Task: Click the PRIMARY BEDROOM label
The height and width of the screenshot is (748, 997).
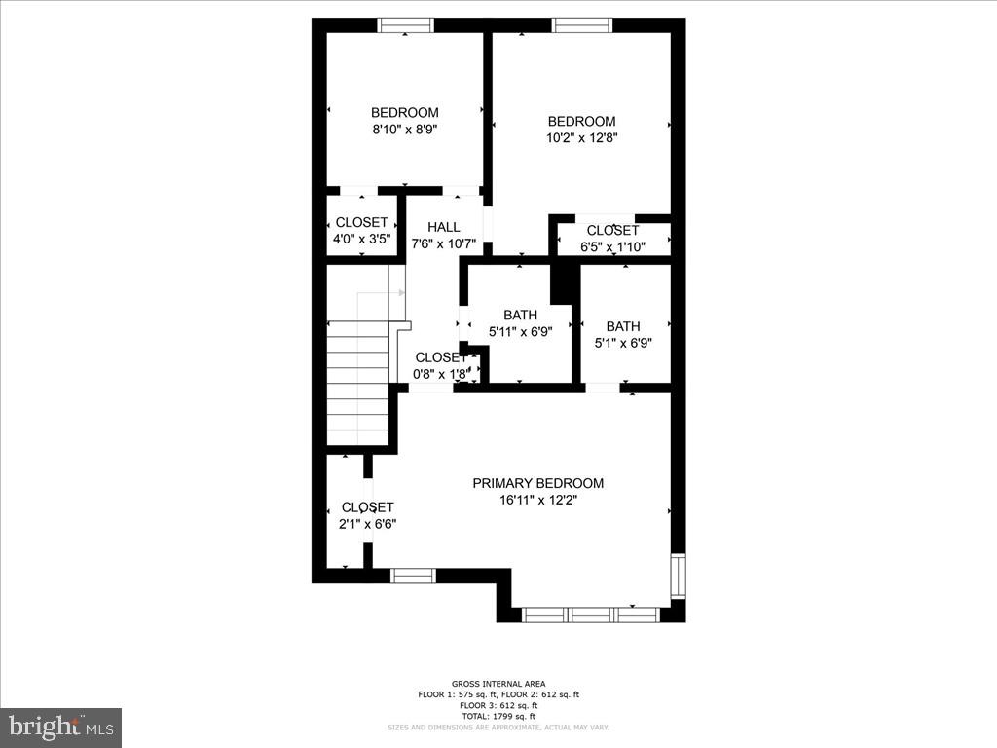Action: (537, 483)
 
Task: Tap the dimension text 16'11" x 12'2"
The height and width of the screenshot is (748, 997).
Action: (537, 501)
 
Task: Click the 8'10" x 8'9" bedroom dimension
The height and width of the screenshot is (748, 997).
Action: (404, 129)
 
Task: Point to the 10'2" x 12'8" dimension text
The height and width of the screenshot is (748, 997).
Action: (581, 137)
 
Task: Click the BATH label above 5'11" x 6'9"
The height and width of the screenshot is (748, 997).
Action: (520, 315)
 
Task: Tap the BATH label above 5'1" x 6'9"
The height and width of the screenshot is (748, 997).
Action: (623, 326)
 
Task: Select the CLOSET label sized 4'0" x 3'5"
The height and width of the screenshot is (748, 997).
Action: (361, 223)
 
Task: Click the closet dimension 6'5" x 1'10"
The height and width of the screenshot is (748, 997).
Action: (612, 246)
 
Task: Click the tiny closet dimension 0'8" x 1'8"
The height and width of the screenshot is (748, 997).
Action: (440, 374)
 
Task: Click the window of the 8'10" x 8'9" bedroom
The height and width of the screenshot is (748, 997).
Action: (406, 25)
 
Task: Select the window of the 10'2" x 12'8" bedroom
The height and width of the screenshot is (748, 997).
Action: (582, 25)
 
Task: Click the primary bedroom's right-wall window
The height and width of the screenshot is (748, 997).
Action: (678, 576)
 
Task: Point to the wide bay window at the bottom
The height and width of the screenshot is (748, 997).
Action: (591, 615)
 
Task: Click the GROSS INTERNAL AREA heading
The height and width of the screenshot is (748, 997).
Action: (498, 684)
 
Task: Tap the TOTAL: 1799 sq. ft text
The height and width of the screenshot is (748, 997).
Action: (498, 715)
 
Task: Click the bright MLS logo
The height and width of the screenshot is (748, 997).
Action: (60, 727)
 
